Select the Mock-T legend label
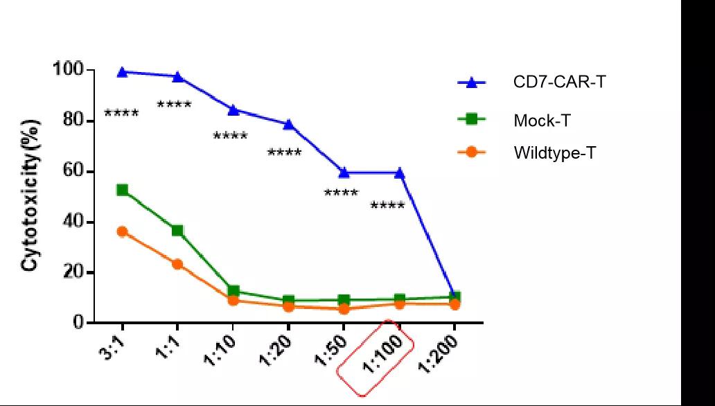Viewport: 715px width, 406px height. pyautogui.click(x=542, y=121)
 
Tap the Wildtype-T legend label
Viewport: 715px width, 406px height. pyautogui.click(x=554, y=152)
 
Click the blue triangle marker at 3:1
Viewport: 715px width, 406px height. pyautogui.click(x=123, y=71)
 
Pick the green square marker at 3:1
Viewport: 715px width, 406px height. pyautogui.click(x=123, y=190)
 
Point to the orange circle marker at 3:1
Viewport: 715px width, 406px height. pyautogui.click(x=123, y=231)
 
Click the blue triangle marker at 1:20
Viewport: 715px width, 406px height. pyautogui.click(x=288, y=125)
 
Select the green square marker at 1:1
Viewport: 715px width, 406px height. pyautogui.click(x=177, y=230)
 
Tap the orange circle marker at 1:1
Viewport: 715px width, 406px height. pyautogui.click(x=177, y=264)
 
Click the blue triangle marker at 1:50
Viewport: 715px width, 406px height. pyautogui.click(x=344, y=173)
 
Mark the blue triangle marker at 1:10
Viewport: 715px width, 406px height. pyautogui.click(x=233, y=109)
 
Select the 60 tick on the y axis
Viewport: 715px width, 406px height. pyautogui.click(x=73, y=171)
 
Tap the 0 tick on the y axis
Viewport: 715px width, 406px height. pyautogui.click(x=79, y=323)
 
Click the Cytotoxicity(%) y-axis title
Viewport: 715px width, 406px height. pyautogui.click(x=31, y=196)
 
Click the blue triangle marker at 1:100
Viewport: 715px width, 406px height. pyautogui.click(x=399, y=173)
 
